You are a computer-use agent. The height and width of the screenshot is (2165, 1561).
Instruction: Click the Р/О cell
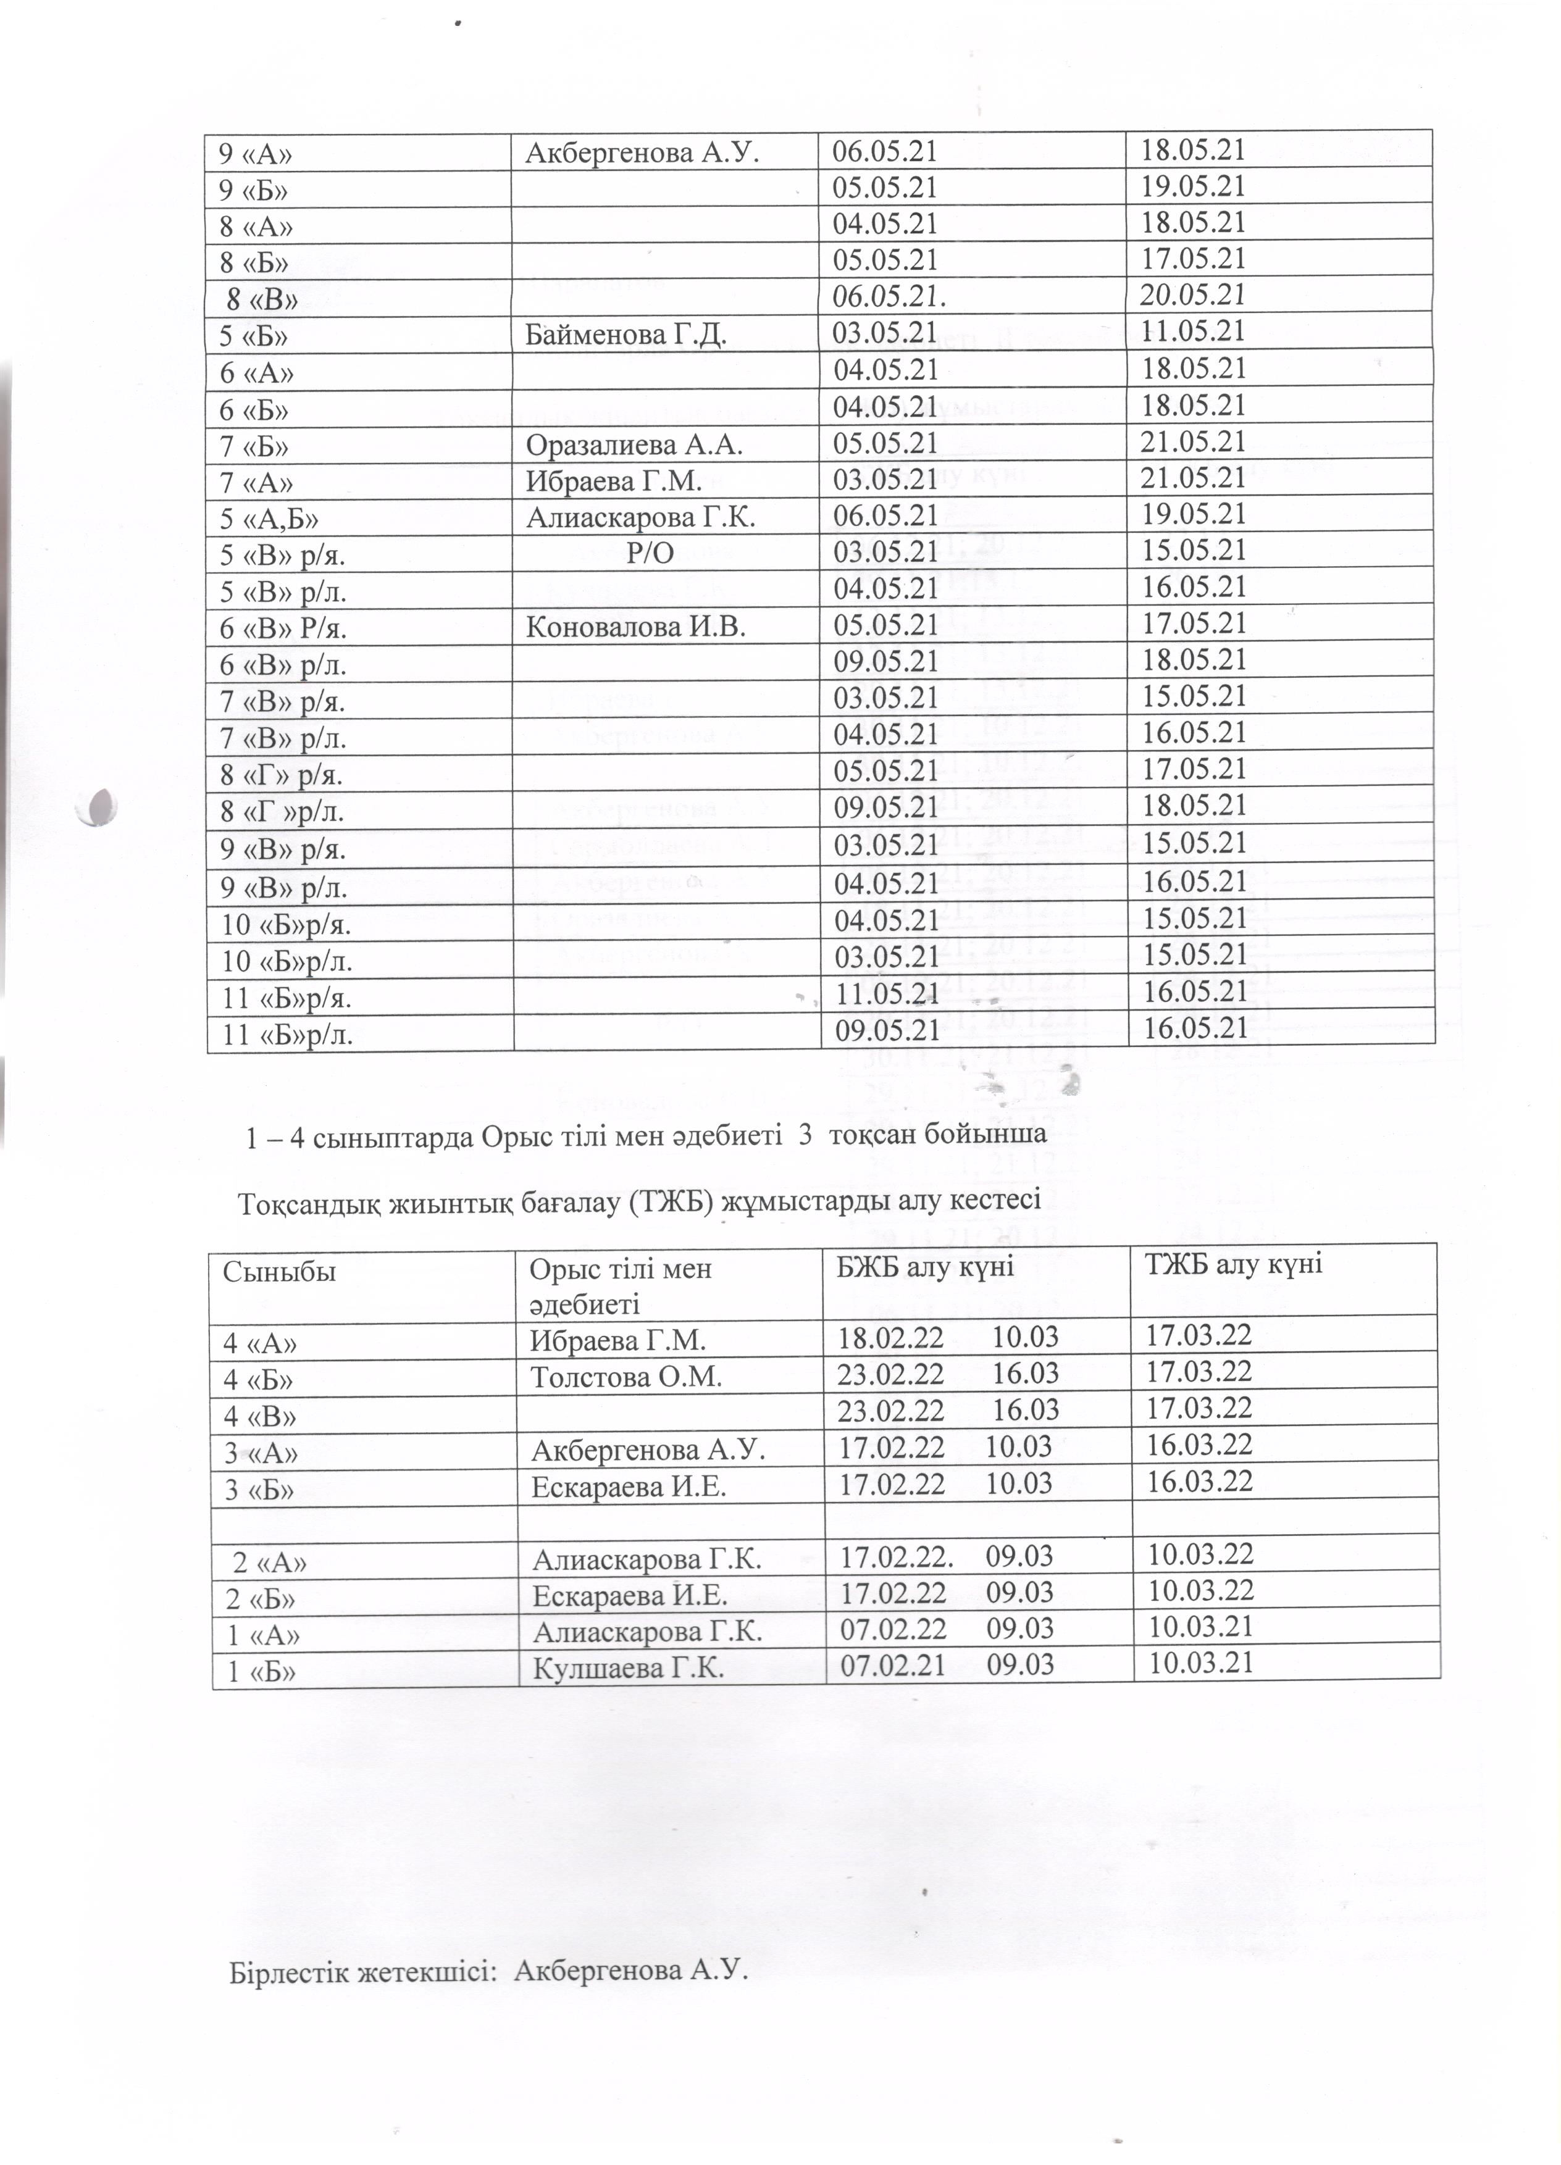650,553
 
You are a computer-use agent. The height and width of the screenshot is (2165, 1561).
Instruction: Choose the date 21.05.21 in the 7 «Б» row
1194,442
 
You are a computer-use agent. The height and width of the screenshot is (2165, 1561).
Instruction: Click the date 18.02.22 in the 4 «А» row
890,1338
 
